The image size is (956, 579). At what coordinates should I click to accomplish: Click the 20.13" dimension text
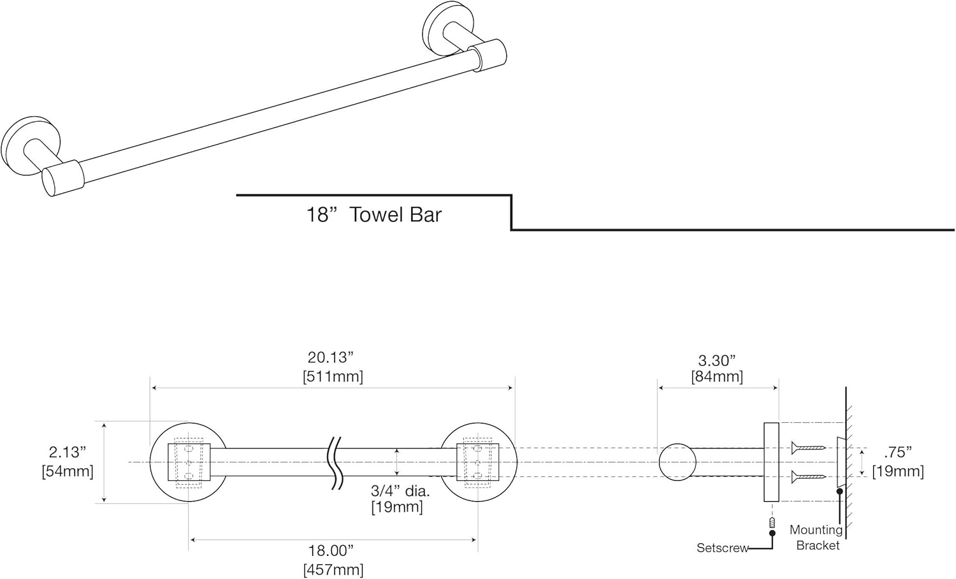(330, 358)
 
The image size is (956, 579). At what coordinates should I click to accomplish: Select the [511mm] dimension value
(333, 377)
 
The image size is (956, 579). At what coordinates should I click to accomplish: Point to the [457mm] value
(333, 569)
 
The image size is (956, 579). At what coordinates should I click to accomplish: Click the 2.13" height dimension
(67, 452)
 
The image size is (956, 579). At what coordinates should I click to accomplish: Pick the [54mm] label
(68, 471)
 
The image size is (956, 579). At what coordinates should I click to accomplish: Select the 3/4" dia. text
(400, 491)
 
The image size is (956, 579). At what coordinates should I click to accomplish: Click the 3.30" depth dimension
(717, 361)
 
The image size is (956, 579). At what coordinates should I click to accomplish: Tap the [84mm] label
(717, 377)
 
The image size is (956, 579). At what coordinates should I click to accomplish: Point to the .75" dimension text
(897, 452)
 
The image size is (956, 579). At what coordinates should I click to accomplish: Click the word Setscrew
(722, 548)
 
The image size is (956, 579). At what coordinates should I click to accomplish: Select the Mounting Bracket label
(816, 538)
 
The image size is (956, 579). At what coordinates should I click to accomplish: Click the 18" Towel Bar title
(373, 215)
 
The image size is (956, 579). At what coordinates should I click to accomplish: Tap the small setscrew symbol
(772, 524)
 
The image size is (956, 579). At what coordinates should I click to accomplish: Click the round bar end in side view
(677, 462)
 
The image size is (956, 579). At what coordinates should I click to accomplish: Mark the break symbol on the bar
(335, 462)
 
